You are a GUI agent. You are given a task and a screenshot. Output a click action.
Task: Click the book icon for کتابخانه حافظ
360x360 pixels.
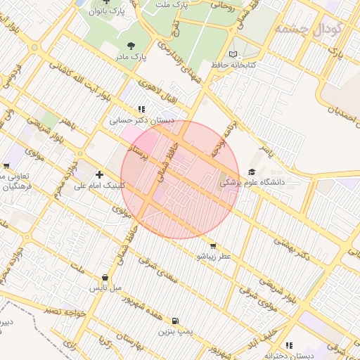233,53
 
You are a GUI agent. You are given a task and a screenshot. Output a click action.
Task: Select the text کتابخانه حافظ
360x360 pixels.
233,65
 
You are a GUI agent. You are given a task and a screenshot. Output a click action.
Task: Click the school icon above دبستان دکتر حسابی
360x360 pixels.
141,109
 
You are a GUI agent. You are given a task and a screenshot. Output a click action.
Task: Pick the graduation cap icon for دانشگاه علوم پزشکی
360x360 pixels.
252,171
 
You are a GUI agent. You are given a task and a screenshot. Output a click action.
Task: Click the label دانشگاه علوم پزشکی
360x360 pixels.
252,182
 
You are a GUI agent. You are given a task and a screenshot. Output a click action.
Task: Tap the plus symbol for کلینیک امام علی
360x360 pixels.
99,174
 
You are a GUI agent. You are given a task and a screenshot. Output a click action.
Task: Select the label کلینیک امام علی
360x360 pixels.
99,186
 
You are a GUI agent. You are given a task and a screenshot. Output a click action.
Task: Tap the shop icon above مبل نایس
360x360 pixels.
105,277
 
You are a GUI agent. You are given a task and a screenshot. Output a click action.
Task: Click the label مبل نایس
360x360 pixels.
105,288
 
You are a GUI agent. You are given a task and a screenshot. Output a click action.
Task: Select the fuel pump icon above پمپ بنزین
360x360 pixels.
174,319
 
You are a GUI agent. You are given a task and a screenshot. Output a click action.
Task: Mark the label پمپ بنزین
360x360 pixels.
174,330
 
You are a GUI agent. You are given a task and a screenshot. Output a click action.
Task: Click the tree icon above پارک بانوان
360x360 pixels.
107,1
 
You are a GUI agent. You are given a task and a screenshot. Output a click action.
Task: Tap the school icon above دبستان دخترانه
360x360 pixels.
289,345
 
